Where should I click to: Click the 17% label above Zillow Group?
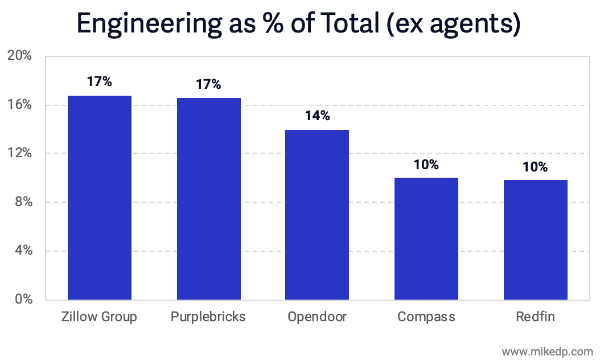coord(100,81)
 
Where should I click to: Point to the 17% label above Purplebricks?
coord(208,85)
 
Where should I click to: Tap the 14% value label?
coord(317,116)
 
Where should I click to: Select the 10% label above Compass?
coord(426,165)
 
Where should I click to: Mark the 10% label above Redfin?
coord(536,167)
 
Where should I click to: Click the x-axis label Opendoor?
coord(317,317)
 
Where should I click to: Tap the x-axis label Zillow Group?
coord(100,317)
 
